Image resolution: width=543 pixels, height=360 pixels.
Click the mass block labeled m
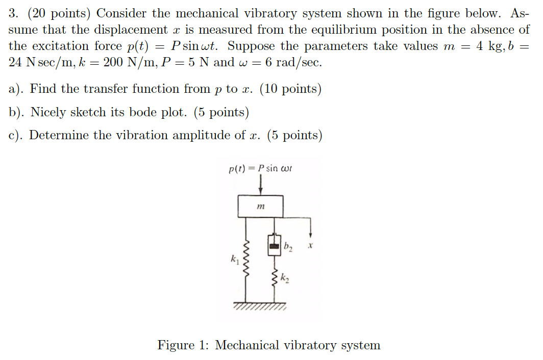coord(261,206)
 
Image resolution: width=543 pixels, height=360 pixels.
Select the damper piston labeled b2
coord(275,246)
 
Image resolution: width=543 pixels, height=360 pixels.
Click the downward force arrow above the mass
coord(261,184)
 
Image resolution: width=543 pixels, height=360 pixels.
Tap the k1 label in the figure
coord(234,261)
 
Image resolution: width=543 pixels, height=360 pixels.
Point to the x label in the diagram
coord(310,246)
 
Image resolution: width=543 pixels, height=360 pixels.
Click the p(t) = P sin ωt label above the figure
coord(260,169)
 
